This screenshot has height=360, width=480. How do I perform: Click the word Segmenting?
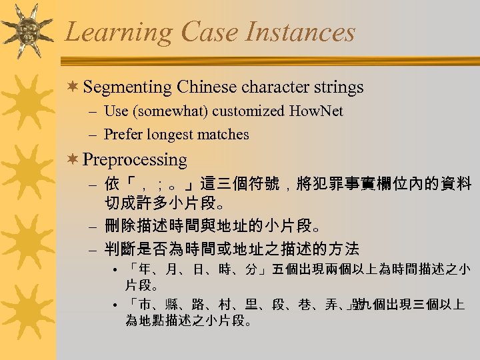click(129, 87)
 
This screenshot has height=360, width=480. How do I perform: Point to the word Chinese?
click(207, 87)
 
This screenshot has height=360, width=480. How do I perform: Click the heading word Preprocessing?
click(136, 160)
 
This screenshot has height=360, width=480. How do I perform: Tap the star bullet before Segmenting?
click(75, 87)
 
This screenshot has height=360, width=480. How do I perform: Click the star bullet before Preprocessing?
click(75, 160)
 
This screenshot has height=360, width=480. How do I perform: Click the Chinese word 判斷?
click(121, 250)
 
